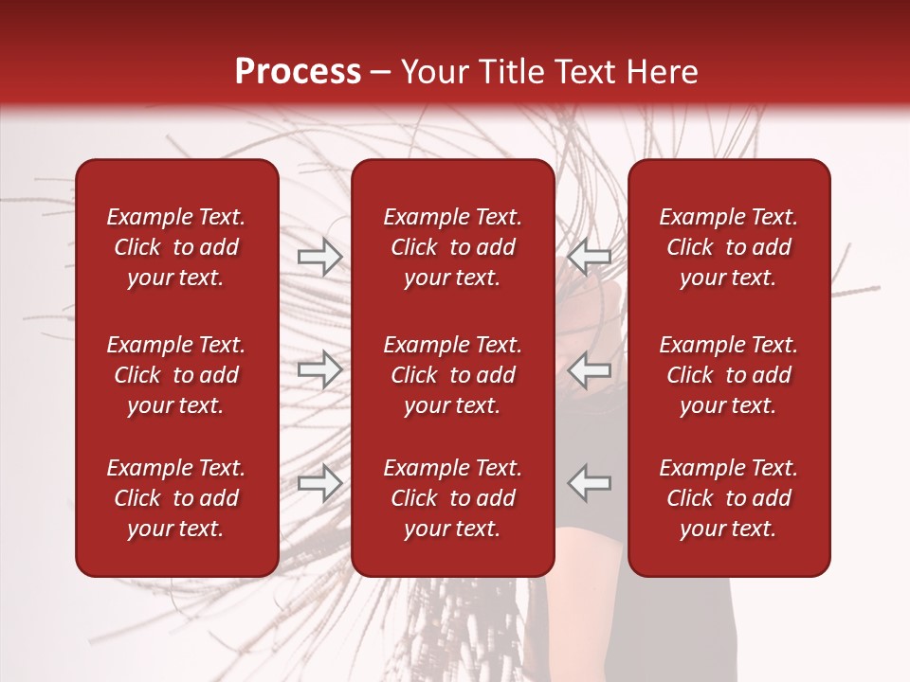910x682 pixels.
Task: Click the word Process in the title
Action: point(298,72)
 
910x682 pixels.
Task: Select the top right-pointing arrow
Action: point(319,256)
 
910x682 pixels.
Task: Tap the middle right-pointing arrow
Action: point(319,369)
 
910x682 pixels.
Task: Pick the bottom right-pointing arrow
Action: point(319,483)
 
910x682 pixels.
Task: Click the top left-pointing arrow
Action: point(590,256)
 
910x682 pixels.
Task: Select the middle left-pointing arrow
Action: point(590,369)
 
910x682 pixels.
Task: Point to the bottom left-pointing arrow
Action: point(590,483)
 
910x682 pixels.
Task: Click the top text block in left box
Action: point(176,247)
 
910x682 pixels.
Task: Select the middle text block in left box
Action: point(176,375)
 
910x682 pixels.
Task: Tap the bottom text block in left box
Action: point(176,498)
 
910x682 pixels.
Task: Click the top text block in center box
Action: point(453,247)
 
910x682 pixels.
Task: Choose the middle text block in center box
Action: point(453,375)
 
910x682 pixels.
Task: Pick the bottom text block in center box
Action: point(453,498)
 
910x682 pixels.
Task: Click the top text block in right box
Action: point(729,247)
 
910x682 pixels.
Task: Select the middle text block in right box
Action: point(729,375)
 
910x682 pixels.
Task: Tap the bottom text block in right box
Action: point(729,498)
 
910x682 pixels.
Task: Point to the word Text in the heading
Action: point(582,72)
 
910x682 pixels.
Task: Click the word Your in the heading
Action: point(434,72)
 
